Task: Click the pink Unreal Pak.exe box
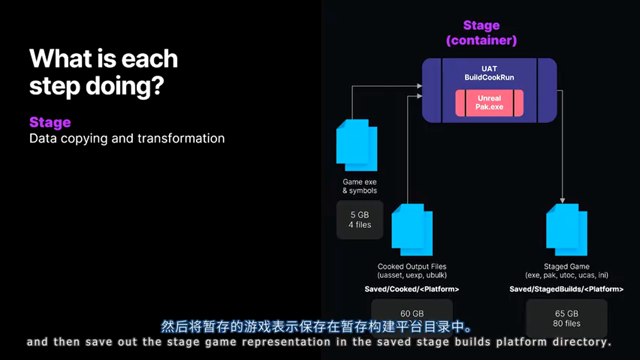click(x=489, y=102)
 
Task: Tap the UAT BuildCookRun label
click(x=489, y=73)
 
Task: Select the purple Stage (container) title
click(x=481, y=32)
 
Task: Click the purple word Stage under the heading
click(x=50, y=122)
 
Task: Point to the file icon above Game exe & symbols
click(x=356, y=144)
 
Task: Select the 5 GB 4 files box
click(x=360, y=220)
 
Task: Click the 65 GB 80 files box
click(x=566, y=318)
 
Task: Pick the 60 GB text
click(x=412, y=313)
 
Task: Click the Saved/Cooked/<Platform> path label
click(x=412, y=289)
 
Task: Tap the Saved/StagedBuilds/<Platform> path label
click(x=566, y=289)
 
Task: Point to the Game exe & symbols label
click(x=359, y=186)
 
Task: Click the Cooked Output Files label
click(x=412, y=266)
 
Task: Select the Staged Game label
click(x=566, y=266)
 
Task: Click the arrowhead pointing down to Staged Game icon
click(x=563, y=200)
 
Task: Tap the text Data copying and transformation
click(x=127, y=138)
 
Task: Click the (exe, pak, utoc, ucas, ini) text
click(x=566, y=275)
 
